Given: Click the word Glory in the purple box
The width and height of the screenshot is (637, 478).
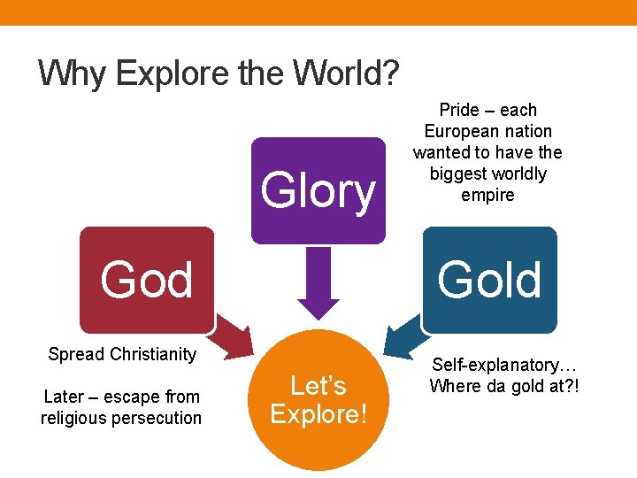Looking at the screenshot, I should [318, 191].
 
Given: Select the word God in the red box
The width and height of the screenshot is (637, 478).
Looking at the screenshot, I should [147, 281].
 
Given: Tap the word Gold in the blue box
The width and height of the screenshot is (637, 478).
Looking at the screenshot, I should [489, 281].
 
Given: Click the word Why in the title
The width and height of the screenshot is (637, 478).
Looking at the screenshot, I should [73, 73].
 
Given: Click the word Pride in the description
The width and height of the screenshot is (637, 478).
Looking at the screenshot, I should [458, 110].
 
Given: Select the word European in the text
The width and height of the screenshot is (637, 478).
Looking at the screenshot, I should [457, 131].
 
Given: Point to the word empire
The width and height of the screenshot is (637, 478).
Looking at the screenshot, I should [487, 195].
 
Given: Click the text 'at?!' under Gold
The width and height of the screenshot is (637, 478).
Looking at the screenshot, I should [564, 386].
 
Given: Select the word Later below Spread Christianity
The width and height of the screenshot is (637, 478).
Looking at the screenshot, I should [64, 397].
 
